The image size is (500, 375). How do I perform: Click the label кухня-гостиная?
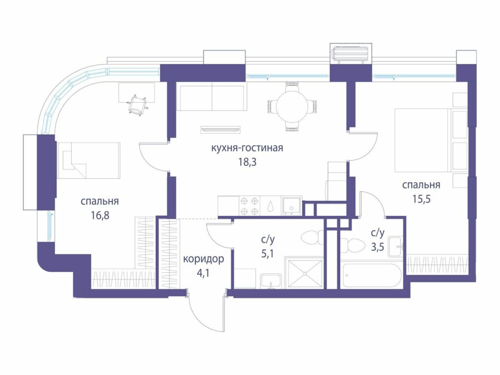[247, 148]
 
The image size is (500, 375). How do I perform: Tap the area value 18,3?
[248, 162]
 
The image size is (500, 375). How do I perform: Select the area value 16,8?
[100, 215]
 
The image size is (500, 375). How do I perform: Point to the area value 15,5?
[421, 199]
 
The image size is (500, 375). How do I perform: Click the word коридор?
[204, 259]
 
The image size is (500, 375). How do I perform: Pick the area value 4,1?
[203, 273]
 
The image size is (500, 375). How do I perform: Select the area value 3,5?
[377, 248]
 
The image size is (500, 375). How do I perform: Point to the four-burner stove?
[250, 206]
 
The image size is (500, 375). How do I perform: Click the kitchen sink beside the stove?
[292, 206]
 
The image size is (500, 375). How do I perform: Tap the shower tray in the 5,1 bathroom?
[305, 274]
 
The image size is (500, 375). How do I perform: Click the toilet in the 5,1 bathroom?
[312, 238]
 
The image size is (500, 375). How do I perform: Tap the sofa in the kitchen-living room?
[212, 98]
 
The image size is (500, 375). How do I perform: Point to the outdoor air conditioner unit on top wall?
[351, 54]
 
